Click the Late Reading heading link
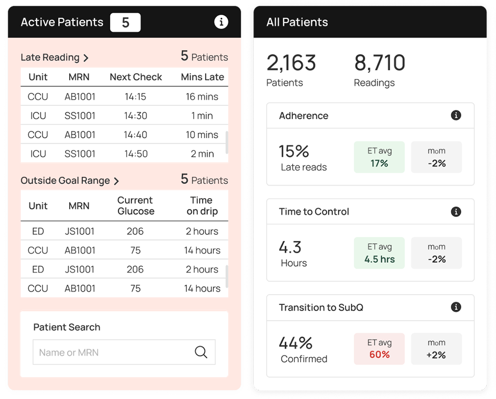54,57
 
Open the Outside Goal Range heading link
70,180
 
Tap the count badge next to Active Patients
125,22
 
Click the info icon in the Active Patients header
221,22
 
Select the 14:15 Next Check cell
136,97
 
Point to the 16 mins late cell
202,97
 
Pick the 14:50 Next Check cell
136,154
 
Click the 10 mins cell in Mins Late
202,135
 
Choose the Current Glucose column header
135,205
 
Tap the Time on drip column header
202,205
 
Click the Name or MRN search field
112,352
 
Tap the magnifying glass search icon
201,352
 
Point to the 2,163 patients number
291,63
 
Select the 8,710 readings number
380,63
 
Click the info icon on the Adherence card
456,115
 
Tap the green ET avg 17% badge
379,157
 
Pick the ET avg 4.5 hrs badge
379,253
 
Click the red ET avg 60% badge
379,349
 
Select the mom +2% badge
436,349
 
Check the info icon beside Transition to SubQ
456,307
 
